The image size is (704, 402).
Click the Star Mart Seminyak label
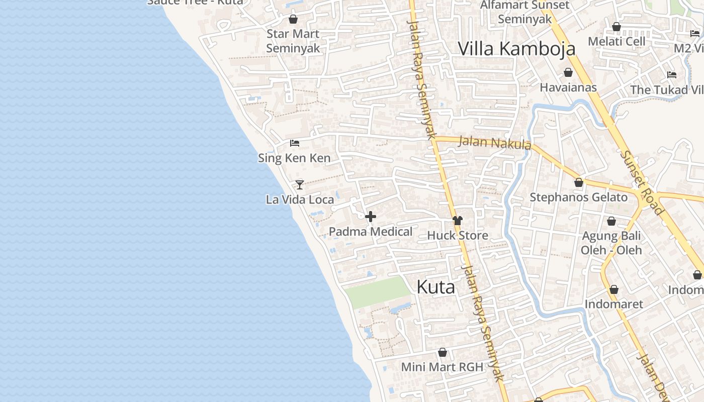[x=293, y=41]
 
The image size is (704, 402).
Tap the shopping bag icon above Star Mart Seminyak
[x=293, y=20]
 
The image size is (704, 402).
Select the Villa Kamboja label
[x=516, y=49]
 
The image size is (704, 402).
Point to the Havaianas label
[x=568, y=87]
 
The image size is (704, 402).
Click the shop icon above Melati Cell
[x=617, y=27]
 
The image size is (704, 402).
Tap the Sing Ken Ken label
[x=294, y=158]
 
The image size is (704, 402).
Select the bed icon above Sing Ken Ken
[x=295, y=143]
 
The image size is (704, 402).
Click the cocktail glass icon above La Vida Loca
[x=300, y=184]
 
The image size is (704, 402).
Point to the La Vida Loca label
[x=300, y=199]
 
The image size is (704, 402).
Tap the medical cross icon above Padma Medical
[x=371, y=217]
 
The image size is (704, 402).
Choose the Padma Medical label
[x=371, y=232]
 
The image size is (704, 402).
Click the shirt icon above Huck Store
[x=457, y=221]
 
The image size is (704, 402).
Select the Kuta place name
[x=436, y=287]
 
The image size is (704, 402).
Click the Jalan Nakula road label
[x=495, y=143]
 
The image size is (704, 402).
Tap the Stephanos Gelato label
[x=579, y=197]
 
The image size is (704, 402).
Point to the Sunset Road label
[x=642, y=182]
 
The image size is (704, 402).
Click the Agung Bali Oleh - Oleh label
[x=611, y=243]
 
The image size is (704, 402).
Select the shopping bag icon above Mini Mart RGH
[x=443, y=352]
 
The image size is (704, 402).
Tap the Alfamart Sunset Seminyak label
[x=525, y=12]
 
